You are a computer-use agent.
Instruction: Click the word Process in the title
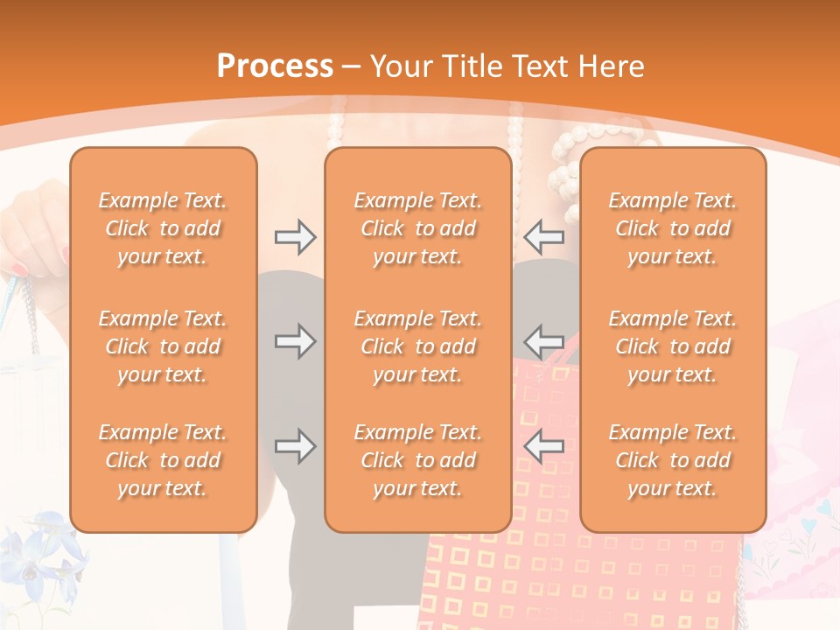(x=275, y=66)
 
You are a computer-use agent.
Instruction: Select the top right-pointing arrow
(x=295, y=237)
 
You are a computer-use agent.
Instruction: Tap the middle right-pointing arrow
(x=295, y=341)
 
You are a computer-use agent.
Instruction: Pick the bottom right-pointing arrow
(x=295, y=446)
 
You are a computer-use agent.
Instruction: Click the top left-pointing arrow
(x=543, y=237)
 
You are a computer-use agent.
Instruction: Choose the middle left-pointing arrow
(x=543, y=341)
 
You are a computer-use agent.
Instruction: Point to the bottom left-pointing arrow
(x=543, y=446)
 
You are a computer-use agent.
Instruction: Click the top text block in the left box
(x=163, y=228)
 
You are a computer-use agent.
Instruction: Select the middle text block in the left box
(x=163, y=346)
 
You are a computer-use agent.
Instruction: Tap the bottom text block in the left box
(x=163, y=460)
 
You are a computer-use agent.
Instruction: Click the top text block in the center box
(x=417, y=228)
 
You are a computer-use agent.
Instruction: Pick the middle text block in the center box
(x=417, y=346)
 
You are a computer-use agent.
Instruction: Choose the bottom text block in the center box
(x=417, y=460)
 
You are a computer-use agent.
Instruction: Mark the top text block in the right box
(x=672, y=228)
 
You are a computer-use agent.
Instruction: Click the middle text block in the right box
(x=672, y=346)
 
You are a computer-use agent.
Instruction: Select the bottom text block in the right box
(x=672, y=460)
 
